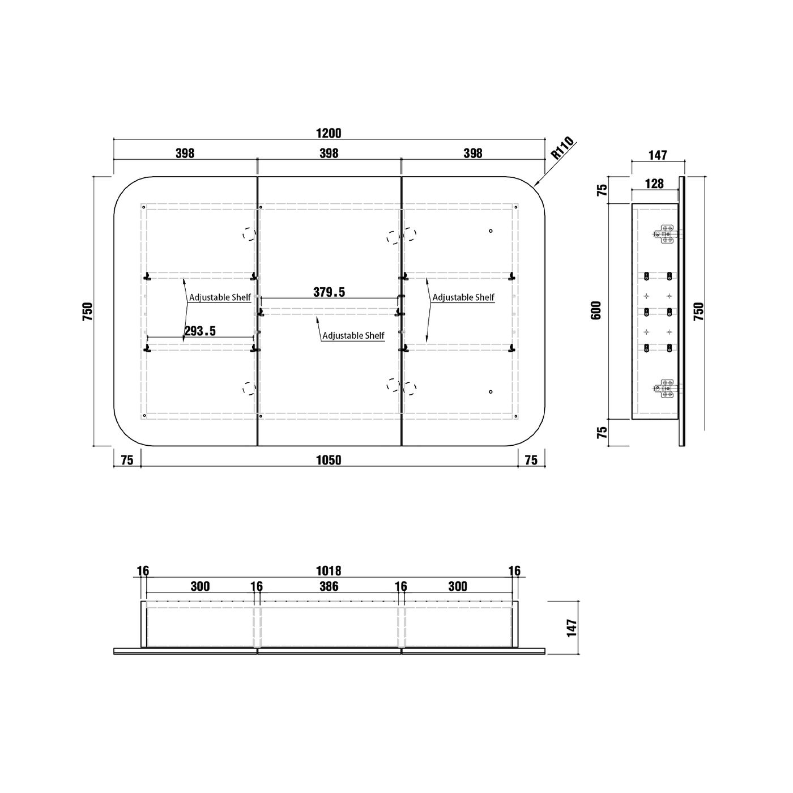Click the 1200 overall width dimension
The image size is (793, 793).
329,133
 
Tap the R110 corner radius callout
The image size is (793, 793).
562,149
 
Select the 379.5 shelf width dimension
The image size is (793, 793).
329,292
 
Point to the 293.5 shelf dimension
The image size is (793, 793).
199,331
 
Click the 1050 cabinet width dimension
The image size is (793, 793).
329,460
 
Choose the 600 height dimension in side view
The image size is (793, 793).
596,310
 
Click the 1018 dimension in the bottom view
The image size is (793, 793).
329,571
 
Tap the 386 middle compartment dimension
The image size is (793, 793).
329,586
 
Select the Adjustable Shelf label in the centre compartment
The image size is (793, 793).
353,335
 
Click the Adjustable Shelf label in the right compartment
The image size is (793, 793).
463,297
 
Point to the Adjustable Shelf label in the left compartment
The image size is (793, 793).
220,297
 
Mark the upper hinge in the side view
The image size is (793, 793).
665,234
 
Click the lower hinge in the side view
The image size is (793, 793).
665,389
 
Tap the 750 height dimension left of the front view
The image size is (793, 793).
87,312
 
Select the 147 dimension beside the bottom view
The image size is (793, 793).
572,628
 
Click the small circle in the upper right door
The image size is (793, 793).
491,231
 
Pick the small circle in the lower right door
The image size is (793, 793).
491,391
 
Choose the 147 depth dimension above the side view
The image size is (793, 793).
658,155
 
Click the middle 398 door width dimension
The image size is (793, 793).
329,153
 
